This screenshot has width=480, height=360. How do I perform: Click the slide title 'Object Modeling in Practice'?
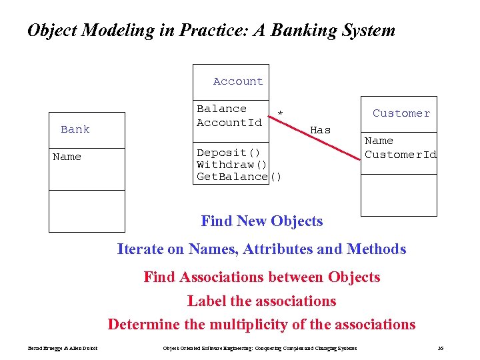[x=211, y=31]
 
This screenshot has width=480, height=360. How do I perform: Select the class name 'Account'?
[x=238, y=81]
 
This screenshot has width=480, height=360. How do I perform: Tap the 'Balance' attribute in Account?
[x=221, y=109]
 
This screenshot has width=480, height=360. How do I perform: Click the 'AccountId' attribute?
[x=229, y=123]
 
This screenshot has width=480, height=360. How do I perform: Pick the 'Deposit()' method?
[x=223, y=153]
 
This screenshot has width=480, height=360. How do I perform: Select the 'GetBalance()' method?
[x=239, y=177]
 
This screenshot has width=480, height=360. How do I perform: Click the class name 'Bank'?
[x=75, y=129]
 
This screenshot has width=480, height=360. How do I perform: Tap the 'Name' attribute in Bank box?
[x=67, y=157]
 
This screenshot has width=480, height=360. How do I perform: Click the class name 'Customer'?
[x=401, y=113]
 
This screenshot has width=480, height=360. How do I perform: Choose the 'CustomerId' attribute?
[x=401, y=155]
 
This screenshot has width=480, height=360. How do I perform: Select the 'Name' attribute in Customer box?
[x=379, y=141]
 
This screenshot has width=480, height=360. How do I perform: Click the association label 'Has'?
[x=321, y=131]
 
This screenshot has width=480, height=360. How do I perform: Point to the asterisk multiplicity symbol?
[x=280, y=114]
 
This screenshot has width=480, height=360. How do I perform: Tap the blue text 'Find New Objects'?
[x=261, y=221]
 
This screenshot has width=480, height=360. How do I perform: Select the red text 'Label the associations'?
[x=261, y=301]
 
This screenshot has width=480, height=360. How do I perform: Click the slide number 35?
[x=440, y=348]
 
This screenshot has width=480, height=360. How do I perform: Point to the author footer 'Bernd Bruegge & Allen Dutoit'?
[x=63, y=348]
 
